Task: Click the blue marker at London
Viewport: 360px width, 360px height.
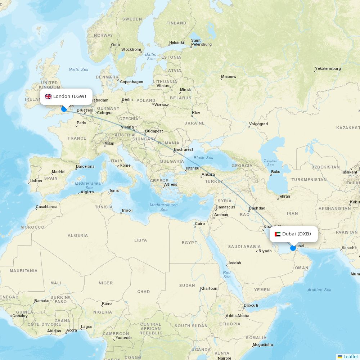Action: click(64, 109)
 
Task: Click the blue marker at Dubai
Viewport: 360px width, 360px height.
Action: click(293, 248)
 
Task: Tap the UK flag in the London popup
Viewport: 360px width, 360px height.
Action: click(48, 96)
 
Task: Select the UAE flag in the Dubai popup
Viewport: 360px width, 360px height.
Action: click(277, 234)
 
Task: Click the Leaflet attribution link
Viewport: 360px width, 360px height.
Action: click(350, 356)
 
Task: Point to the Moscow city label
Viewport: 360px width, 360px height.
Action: click(229, 77)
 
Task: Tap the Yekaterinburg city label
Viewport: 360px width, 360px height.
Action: click(328, 68)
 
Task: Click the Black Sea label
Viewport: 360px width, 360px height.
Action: click(203, 158)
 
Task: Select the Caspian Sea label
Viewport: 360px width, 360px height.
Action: click(270, 163)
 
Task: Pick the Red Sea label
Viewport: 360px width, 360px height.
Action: click(227, 275)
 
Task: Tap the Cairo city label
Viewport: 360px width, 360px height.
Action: click(200, 224)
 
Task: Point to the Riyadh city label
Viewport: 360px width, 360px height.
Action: click(265, 251)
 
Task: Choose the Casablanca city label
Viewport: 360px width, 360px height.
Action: click(46, 207)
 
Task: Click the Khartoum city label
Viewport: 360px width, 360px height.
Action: click(209, 288)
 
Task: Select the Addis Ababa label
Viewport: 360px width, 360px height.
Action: click(237, 316)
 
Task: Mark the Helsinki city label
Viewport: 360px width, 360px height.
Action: click(176, 43)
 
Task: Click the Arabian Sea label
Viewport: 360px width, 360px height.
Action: click(319, 290)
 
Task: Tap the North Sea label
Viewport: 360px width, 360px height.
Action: click(78, 69)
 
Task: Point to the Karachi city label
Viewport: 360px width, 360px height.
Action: click(348, 248)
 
